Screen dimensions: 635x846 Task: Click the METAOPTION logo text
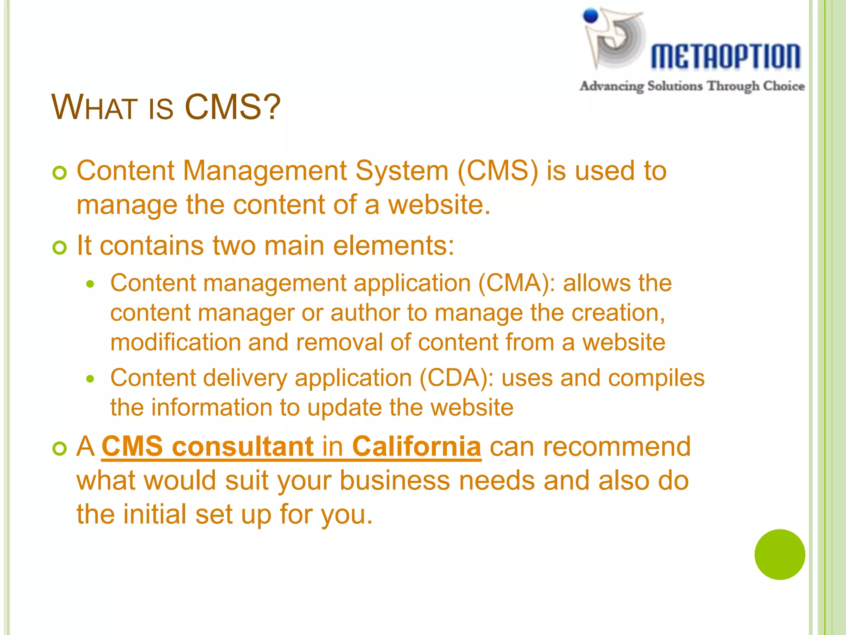click(725, 56)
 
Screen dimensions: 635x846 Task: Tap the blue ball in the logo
click(591, 16)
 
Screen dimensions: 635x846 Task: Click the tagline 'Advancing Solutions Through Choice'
click(692, 86)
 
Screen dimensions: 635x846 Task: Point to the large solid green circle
click(779, 554)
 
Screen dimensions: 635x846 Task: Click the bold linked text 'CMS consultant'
click(208, 446)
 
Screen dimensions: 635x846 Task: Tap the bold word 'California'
click(416, 446)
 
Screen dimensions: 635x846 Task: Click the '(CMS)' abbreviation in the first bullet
click(498, 171)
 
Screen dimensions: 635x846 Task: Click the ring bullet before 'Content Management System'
click(60, 173)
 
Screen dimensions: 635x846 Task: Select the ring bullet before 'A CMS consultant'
click(60, 449)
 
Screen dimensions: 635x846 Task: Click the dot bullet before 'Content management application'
click(90, 284)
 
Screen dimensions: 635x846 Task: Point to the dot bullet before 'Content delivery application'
click(90, 379)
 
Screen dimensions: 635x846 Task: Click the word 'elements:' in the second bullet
click(394, 246)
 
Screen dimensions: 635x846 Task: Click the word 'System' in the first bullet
click(402, 171)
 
